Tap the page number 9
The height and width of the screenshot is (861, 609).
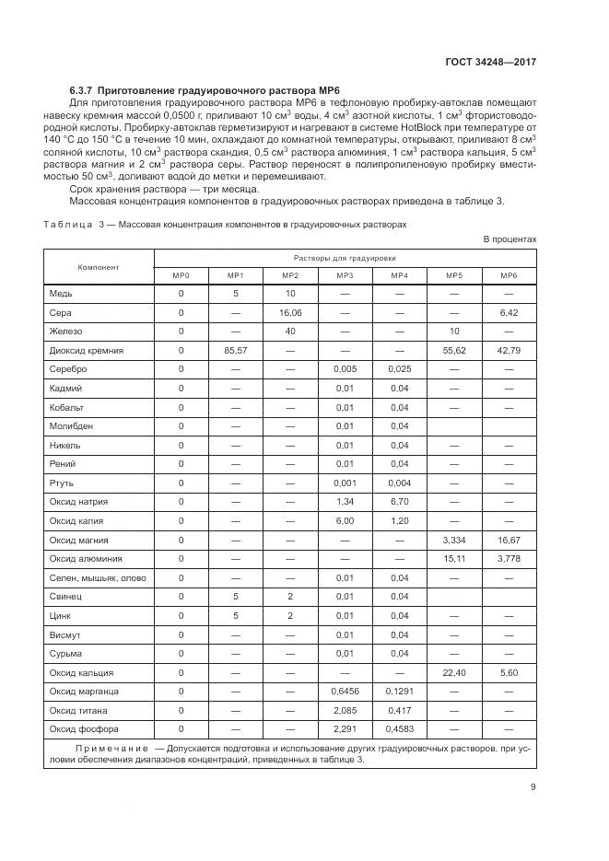pyautogui.click(x=533, y=785)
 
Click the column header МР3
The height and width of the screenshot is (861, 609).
pyautogui.click(x=345, y=275)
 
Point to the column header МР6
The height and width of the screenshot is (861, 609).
pyautogui.click(x=509, y=275)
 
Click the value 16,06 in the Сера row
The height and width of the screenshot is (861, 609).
pyautogui.click(x=290, y=313)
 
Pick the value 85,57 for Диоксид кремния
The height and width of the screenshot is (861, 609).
pyautogui.click(x=236, y=351)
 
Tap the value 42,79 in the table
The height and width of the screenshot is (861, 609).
pyautogui.click(x=509, y=351)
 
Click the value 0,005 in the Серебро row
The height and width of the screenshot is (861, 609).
pyautogui.click(x=345, y=369)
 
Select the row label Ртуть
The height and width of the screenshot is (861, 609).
pyautogui.click(x=62, y=483)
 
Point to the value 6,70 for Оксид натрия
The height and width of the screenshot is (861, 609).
pyautogui.click(x=399, y=502)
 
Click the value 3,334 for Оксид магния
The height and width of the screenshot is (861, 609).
pyautogui.click(x=454, y=540)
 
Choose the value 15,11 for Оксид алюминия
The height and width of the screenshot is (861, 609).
pyautogui.click(x=454, y=559)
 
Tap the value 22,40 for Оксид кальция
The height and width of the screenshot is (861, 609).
pyautogui.click(x=454, y=672)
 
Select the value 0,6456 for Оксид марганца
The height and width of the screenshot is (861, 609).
pyautogui.click(x=345, y=691)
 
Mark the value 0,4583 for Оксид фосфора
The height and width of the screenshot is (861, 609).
pyautogui.click(x=399, y=729)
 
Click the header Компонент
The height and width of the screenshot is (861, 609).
pyautogui.click(x=99, y=266)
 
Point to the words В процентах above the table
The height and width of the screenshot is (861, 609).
pyautogui.click(x=509, y=239)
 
